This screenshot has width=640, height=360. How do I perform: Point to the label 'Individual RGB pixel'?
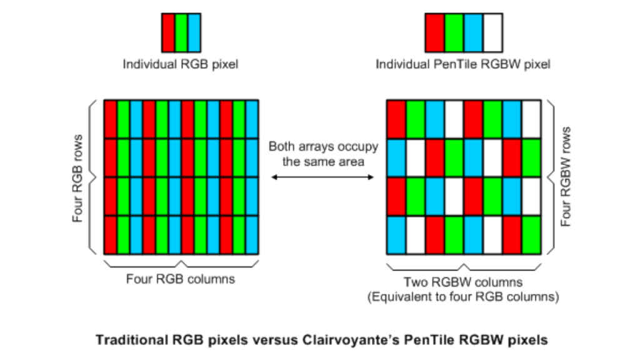(x=181, y=64)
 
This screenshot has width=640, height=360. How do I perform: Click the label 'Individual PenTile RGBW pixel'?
(x=463, y=64)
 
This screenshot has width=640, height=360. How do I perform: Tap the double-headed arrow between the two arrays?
(x=322, y=177)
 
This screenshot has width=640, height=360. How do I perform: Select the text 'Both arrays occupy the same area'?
(x=323, y=154)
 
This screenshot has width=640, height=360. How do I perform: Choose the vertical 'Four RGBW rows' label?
(x=566, y=176)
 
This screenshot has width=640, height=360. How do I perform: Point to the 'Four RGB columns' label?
(x=181, y=279)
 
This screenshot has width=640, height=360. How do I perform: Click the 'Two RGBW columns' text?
(x=463, y=282)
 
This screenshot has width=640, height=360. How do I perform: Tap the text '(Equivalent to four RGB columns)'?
(x=463, y=296)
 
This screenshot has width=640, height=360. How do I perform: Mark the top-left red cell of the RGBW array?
(x=396, y=119)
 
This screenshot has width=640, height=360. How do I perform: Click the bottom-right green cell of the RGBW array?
(x=531, y=235)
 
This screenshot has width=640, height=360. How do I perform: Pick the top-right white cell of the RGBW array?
(x=531, y=119)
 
